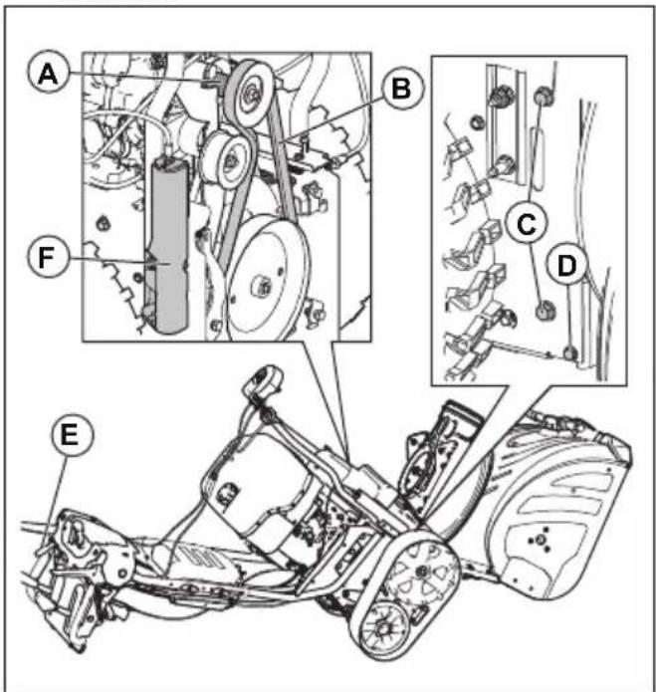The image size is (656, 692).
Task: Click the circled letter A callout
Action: point(46,74)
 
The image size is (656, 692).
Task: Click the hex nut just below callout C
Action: point(545,310)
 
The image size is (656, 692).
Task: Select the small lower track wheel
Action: point(380,632)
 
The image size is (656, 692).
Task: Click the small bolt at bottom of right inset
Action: point(567,351)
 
